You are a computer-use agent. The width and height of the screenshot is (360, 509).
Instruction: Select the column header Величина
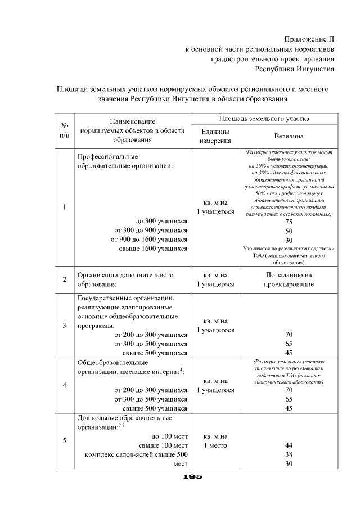[x=289, y=136]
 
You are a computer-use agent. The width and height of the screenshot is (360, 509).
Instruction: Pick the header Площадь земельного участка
[x=264, y=119]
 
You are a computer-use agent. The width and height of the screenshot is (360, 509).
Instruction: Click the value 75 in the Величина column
[x=289, y=222]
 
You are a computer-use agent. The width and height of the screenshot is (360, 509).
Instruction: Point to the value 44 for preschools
[x=289, y=445]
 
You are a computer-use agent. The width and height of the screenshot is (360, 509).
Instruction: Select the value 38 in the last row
[x=289, y=454]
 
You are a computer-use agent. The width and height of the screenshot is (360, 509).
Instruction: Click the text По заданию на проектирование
[x=289, y=280]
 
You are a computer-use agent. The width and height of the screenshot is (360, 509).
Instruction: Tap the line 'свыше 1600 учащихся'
[x=153, y=249]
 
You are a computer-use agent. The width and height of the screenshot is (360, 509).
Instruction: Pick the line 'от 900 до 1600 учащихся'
[x=151, y=240]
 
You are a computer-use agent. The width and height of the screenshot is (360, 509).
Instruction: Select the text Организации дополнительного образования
[x=124, y=280]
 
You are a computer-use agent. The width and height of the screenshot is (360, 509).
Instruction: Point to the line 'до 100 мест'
[x=169, y=436]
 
